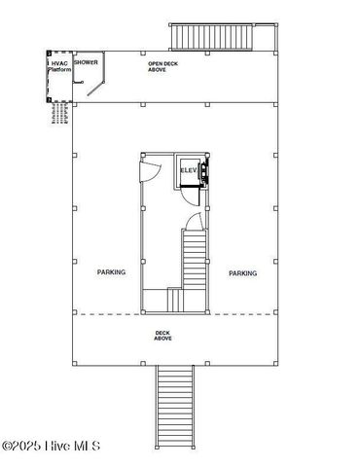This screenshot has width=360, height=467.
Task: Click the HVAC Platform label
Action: pos(59,65)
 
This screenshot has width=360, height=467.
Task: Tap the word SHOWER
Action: pos(87,62)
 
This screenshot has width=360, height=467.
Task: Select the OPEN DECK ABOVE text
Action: pos(157,67)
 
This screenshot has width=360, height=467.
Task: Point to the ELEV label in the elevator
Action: pos(188,171)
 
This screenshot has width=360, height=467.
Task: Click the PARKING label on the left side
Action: pos(111,272)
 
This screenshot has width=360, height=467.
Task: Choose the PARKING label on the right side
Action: pos(243,273)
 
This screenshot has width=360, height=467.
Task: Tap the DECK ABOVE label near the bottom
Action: pos(163,336)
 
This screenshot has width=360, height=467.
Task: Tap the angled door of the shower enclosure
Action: pos(94,86)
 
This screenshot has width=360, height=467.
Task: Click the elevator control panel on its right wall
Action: pos(204,173)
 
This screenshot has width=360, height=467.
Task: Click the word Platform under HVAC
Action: pos(59,69)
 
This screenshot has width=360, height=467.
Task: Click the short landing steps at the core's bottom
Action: pos(175,301)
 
